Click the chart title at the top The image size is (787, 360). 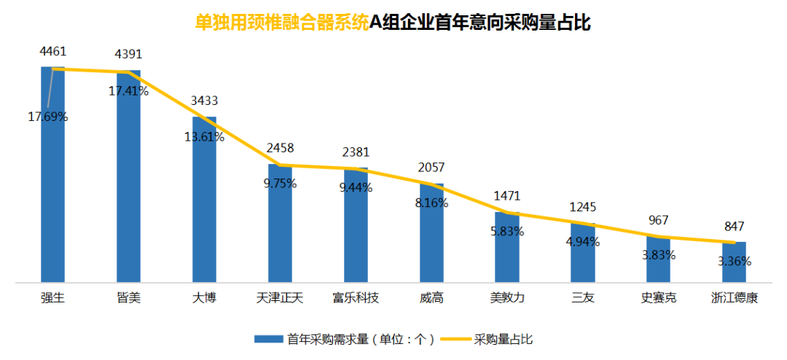click(393, 23)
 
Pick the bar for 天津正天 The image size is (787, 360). click(280, 226)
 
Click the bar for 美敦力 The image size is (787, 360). click(507, 248)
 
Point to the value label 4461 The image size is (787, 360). click(53, 51)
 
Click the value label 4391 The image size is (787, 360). click(128, 55)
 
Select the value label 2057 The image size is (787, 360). click(431, 168)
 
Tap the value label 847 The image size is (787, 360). click(734, 226)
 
